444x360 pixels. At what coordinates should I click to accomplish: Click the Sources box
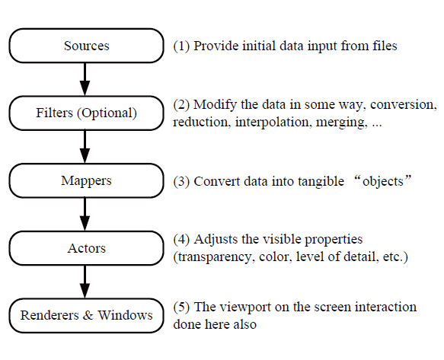[x=86, y=46]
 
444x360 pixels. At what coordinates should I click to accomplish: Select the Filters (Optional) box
[x=86, y=113]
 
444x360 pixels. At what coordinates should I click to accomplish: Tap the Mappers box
[x=86, y=180]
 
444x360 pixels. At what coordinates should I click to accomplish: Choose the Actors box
[x=86, y=248]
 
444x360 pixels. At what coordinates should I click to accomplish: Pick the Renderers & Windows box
[x=86, y=316]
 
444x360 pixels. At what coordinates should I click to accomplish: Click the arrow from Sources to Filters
[x=85, y=79]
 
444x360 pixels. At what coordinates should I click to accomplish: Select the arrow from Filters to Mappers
[x=85, y=147]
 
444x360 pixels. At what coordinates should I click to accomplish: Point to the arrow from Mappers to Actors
[x=85, y=214]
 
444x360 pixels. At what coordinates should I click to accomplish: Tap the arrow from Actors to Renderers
[x=85, y=282]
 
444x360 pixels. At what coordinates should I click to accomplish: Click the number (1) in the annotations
[x=181, y=46]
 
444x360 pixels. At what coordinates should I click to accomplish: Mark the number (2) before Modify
[x=181, y=105]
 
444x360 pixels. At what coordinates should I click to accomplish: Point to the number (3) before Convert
[x=181, y=181]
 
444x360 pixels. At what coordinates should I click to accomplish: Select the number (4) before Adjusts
[x=181, y=240]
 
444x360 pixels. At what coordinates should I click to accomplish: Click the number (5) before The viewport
[x=181, y=307]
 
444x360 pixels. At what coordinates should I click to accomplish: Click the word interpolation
[x=272, y=123]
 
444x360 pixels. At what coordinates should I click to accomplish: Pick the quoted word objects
[x=383, y=181]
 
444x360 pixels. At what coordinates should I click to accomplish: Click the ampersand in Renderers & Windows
[x=88, y=316]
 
